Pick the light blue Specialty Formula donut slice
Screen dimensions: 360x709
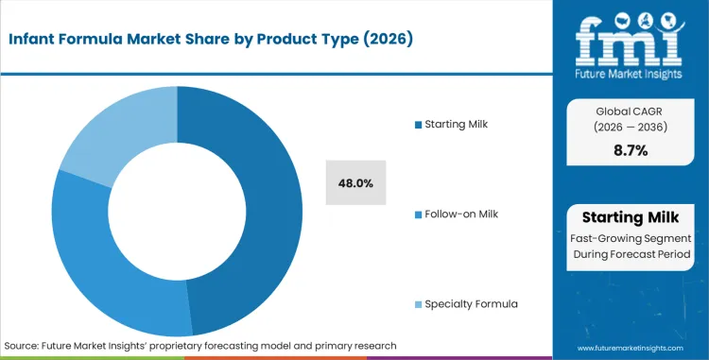click(113, 132)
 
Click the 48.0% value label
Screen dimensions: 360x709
click(355, 183)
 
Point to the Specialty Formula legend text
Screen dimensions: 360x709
click(472, 303)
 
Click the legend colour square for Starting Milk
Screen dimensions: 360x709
click(419, 125)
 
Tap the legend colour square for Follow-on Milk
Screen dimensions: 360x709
click(419, 214)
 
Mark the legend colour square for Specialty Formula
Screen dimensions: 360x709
click(419, 303)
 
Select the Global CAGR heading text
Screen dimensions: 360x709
click(631, 110)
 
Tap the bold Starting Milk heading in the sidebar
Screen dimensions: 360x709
click(631, 216)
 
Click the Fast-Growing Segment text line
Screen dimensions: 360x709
click(631, 238)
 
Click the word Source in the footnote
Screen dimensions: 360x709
click(23, 346)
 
